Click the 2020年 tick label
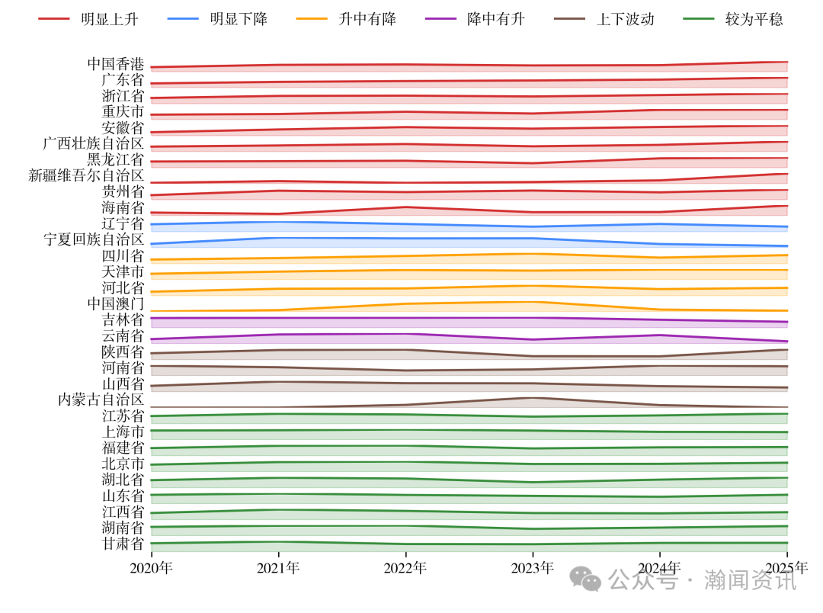coord(152,567)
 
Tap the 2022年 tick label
coord(405,567)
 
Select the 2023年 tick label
coord(533,567)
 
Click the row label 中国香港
coord(116,64)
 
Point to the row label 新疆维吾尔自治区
coord(86,175)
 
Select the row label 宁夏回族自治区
coord(94,239)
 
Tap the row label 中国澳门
coord(116,303)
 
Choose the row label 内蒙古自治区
coord(101,399)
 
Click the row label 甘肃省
coord(123,543)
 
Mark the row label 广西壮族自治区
coord(94,143)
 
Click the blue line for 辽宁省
coord(405,224)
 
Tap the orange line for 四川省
coord(405,256)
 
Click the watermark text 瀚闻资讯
coord(750,580)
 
